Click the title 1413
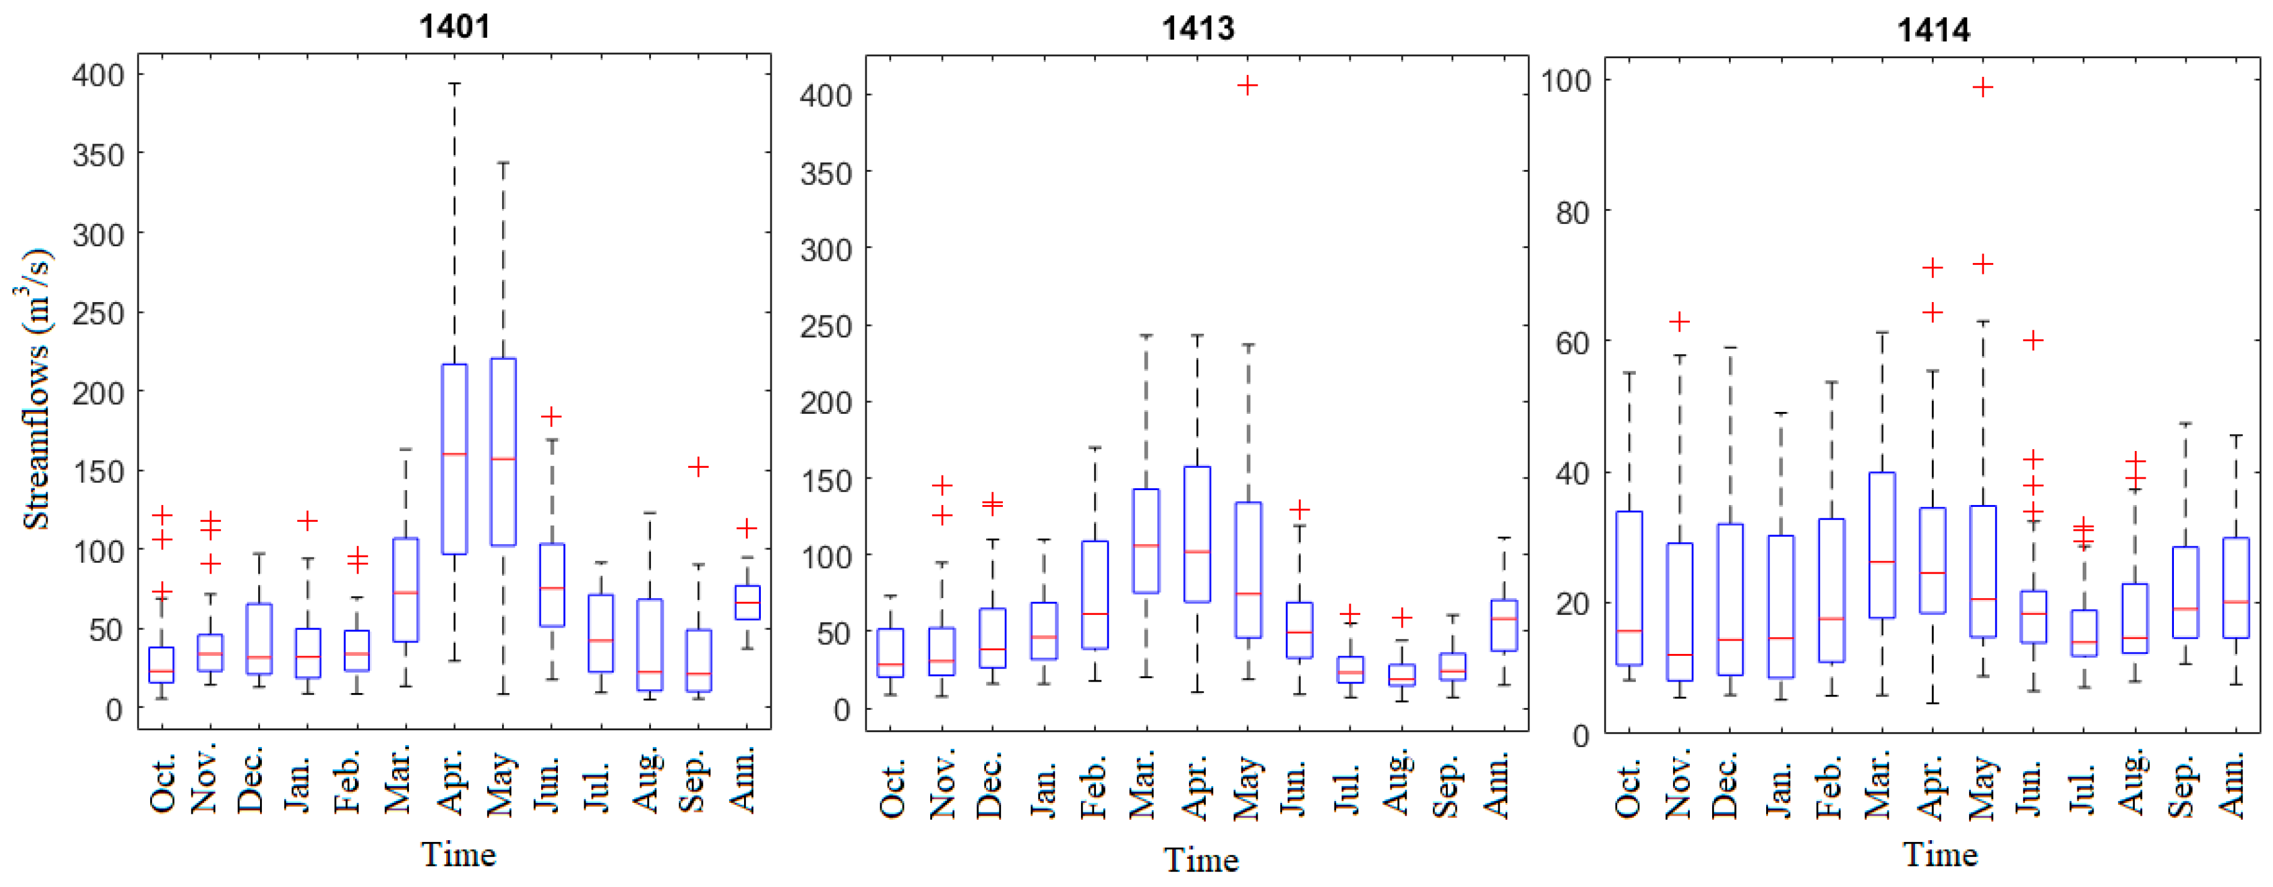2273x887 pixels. coord(1197,28)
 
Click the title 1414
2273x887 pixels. coord(1933,30)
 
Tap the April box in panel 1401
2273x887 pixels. coord(455,459)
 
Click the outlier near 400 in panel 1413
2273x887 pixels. coord(1247,86)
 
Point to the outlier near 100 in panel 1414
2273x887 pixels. coord(1983,87)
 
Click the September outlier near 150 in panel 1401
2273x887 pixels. coord(698,467)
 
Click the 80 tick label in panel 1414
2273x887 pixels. coord(1572,213)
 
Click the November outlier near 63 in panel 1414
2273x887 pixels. coord(1679,321)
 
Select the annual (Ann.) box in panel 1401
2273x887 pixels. coord(748,603)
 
